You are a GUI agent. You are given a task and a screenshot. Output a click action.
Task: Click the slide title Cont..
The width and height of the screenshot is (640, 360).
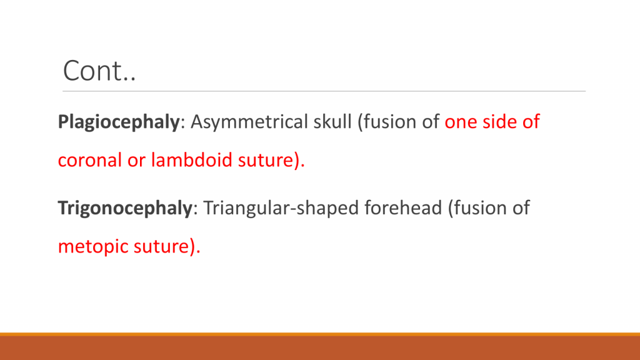(99, 71)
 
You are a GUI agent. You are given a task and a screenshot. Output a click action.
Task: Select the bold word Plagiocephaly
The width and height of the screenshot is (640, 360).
(119, 122)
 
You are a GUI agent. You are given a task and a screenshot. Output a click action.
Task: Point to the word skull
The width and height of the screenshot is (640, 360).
(332, 122)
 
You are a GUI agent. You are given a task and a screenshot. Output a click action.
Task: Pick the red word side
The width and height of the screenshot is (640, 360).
(499, 122)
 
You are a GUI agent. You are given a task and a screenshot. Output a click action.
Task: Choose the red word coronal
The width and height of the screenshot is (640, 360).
(90, 159)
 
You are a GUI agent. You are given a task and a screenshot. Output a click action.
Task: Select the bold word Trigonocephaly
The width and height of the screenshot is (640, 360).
(125, 208)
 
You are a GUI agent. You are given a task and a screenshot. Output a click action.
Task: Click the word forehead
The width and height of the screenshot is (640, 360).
(403, 207)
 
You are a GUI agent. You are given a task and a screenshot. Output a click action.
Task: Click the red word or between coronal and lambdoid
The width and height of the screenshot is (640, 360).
(136, 161)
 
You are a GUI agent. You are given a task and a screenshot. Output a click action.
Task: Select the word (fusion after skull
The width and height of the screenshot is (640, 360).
(391, 122)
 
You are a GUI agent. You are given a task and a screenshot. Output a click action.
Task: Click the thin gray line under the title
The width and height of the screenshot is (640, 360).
(324, 91)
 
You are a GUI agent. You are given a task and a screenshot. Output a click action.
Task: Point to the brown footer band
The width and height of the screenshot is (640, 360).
(320, 348)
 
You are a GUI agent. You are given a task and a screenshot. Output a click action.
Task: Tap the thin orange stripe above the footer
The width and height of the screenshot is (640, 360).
(320, 334)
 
